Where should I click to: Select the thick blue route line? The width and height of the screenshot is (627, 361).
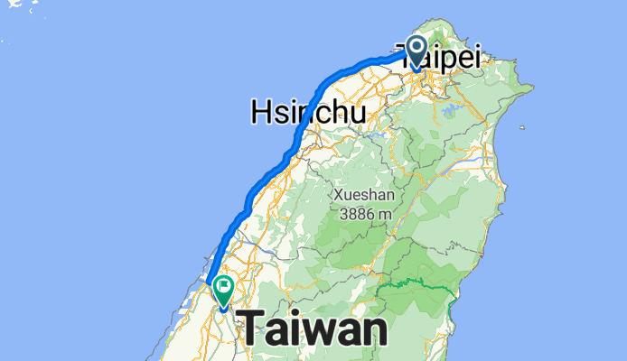pos(298,135)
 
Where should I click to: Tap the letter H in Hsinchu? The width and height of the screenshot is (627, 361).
pos(261,112)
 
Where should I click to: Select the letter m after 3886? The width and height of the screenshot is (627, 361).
pos(384,215)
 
